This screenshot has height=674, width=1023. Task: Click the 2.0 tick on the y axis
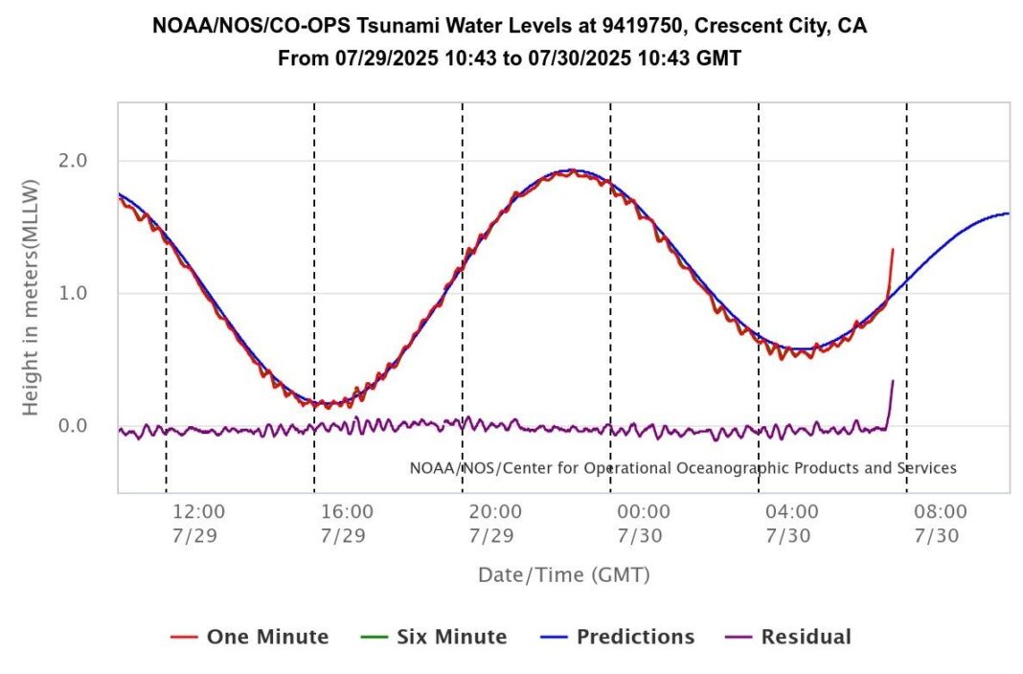[x=74, y=160]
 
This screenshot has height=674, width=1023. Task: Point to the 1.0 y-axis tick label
[x=74, y=293]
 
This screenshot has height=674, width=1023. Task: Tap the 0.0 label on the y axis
[x=74, y=425]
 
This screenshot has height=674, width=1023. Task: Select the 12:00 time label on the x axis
[x=198, y=512]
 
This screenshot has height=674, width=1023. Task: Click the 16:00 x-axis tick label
[x=347, y=512]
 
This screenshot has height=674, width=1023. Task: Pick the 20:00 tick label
[x=495, y=512]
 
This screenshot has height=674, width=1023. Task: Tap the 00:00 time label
[x=644, y=512]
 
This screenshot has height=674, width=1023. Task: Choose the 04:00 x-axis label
[x=792, y=512]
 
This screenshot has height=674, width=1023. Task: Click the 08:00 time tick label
[x=941, y=512]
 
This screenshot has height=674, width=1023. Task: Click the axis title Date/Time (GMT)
[x=564, y=575]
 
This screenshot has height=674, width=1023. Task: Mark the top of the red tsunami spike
[x=893, y=249]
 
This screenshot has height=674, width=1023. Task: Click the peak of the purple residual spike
[x=893, y=381]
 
